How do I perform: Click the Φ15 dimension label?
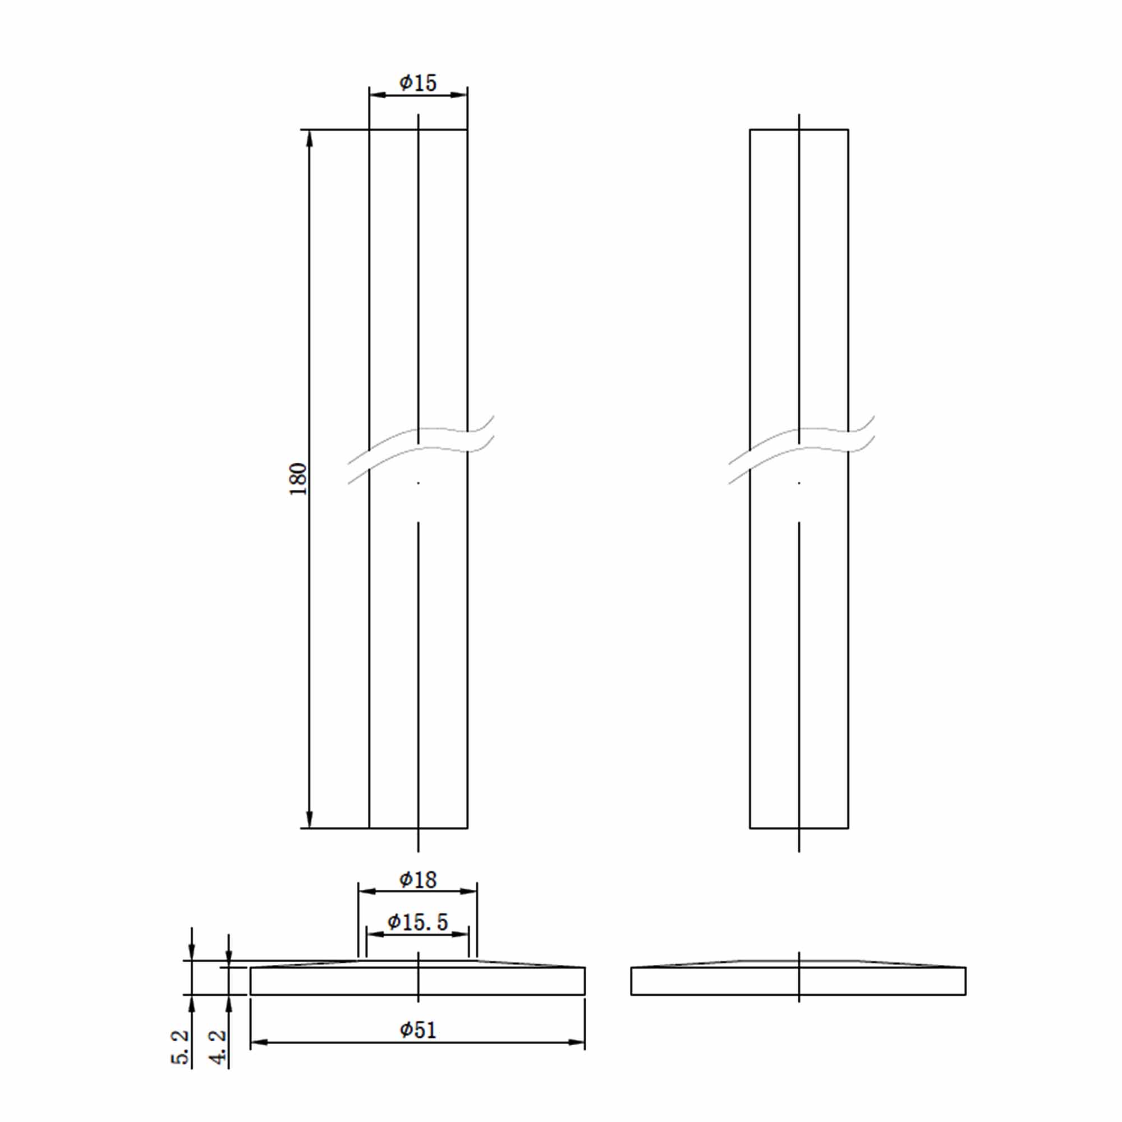coord(417,82)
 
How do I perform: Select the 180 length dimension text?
coord(298,479)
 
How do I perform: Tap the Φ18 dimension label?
coord(417,880)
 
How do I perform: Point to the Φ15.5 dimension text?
coord(417,922)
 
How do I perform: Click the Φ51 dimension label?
coord(417,1029)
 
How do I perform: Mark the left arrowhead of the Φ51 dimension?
coord(259,1042)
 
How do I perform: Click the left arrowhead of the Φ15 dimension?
coord(378,95)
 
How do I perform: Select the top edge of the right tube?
coord(798,130)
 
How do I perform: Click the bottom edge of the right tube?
coord(798,828)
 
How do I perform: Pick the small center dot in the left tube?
coord(418,483)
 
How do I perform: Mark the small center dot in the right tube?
coord(799,483)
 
